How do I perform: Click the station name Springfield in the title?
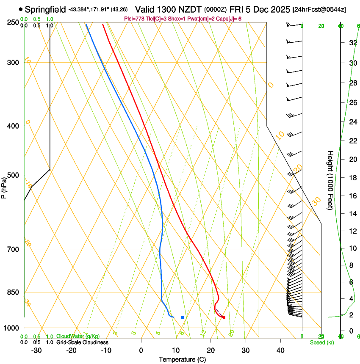tap(45, 9)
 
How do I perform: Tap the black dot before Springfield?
tap(21, 9)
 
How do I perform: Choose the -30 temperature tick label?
tap(36, 350)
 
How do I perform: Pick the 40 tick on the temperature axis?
tap(280, 350)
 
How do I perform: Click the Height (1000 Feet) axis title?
tap(330, 180)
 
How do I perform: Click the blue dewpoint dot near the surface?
tap(183, 317)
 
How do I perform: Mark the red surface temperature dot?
tap(224, 317)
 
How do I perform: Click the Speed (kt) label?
tap(321, 342)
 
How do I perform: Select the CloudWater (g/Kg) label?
tap(78, 336)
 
